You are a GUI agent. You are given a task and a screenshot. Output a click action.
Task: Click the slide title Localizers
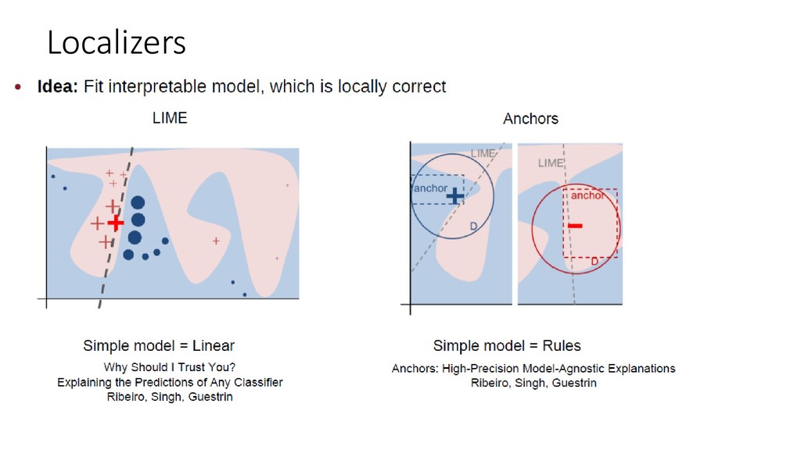click(117, 42)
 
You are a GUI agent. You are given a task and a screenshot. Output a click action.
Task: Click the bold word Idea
click(57, 87)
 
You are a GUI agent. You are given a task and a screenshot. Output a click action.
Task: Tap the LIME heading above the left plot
click(170, 119)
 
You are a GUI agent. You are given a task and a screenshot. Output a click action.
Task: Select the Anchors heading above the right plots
click(530, 120)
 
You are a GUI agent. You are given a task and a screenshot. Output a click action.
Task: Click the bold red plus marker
click(116, 223)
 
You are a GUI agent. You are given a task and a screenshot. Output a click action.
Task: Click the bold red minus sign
click(575, 227)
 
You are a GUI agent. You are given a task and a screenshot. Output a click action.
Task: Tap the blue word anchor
click(430, 188)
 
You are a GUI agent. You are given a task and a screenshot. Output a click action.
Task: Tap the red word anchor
click(587, 195)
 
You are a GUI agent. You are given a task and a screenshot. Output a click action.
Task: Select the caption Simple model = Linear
click(159, 345)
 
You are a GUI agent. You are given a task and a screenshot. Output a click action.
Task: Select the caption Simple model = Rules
click(507, 345)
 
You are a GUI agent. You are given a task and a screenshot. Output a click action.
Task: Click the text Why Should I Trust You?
click(170, 367)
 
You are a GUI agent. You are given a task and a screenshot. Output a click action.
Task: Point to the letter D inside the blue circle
click(473, 226)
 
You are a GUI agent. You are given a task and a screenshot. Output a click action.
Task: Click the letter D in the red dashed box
click(594, 260)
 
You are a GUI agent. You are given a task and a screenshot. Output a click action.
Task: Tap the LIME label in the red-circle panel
click(551, 163)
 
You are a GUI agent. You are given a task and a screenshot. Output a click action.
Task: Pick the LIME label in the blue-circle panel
click(483, 154)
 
